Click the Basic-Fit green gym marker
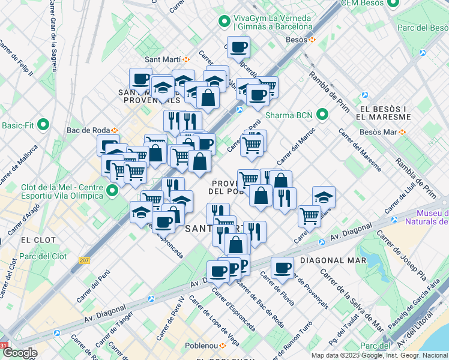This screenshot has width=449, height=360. click(x=43, y=125)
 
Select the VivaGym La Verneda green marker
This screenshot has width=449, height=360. click(x=224, y=22)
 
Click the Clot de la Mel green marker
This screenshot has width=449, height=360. click(x=112, y=191)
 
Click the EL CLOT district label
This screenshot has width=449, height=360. click(x=38, y=239)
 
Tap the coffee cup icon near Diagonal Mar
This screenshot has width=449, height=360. click(x=282, y=268)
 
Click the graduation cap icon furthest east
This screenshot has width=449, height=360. click(x=324, y=196)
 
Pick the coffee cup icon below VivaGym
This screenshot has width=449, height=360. click(x=238, y=46)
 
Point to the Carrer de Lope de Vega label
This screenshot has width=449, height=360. click(x=212, y=317)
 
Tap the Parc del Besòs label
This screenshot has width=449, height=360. click(x=422, y=27)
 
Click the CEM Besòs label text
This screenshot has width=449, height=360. click(x=362, y=4)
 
